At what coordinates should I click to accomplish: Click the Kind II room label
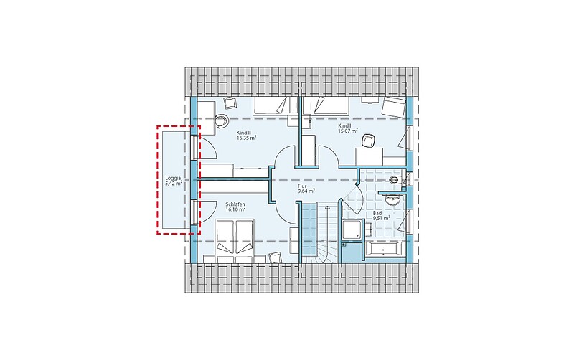244,133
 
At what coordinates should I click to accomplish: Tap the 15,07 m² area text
348,131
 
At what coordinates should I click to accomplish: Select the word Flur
302,186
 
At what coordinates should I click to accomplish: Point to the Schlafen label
235,204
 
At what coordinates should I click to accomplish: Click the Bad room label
377,213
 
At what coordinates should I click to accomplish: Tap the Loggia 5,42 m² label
174,181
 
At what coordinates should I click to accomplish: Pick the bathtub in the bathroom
383,250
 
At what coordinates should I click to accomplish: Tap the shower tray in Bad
351,229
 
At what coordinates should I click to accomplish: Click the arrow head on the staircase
327,207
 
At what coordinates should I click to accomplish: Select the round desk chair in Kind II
222,120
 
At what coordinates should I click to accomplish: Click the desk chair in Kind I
368,141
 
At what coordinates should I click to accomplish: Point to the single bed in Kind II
275,105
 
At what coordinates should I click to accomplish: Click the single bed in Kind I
325,105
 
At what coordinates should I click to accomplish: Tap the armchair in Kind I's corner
393,107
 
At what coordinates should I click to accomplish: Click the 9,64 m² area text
307,191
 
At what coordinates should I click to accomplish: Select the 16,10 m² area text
235,209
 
